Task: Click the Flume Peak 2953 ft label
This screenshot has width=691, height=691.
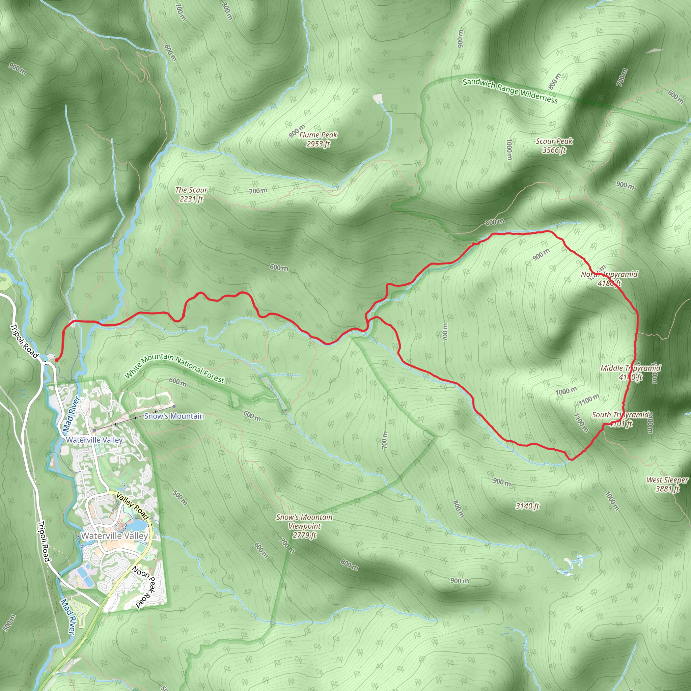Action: (x=318, y=139)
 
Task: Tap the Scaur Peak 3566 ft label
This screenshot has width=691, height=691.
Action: (x=554, y=145)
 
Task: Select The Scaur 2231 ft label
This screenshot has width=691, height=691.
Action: (x=191, y=194)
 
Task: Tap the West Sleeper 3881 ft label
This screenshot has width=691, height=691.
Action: (x=667, y=484)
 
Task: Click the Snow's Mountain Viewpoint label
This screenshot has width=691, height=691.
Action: (x=304, y=526)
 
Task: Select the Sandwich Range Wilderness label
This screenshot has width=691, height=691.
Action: (x=510, y=90)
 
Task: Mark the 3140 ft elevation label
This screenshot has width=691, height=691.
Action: (x=527, y=506)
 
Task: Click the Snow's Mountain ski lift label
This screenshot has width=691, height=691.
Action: (x=174, y=416)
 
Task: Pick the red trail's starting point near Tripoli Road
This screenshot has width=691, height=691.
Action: (x=56, y=360)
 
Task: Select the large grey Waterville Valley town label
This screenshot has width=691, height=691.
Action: (x=114, y=536)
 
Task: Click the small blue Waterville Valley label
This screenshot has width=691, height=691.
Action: (x=94, y=440)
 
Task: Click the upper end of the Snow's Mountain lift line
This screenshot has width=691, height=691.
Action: (x=174, y=406)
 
